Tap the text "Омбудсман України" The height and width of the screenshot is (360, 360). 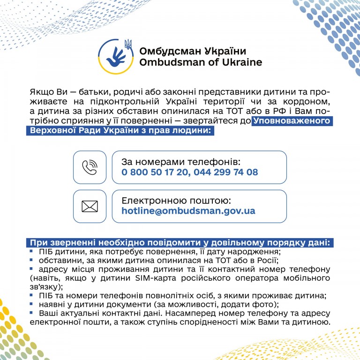click(x=192, y=51)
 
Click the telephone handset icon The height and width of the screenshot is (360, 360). click(x=90, y=167)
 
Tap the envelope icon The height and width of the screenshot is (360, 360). click(x=90, y=206)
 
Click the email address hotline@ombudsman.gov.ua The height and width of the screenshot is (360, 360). click(x=188, y=211)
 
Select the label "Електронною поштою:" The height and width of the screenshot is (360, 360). click(x=175, y=200)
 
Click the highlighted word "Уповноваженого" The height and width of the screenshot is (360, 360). click(x=292, y=122)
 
